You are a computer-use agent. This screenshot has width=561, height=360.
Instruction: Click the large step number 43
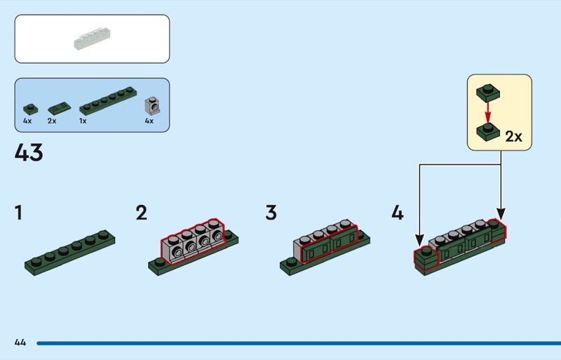[x=29, y=153]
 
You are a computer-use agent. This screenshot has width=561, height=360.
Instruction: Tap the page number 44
[x=20, y=342]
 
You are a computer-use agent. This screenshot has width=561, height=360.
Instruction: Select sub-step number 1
[x=18, y=213]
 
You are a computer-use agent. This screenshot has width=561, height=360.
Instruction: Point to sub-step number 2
[x=142, y=213]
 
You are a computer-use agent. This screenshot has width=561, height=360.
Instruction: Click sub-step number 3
[x=271, y=213]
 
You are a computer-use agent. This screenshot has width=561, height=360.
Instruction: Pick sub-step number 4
[x=398, y=213]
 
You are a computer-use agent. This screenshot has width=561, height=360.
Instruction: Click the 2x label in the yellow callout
[x=514, y=136]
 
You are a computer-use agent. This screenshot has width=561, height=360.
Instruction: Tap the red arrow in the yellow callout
[x=488, y=110]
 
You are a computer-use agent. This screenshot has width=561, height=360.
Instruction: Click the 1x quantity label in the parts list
[x=83, y=121]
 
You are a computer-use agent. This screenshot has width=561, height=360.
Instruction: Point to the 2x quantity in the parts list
[x=52, y=121]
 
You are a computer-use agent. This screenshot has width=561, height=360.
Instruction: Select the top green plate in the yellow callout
[x=488, y=91]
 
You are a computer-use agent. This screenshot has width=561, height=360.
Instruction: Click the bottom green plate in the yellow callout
[x=488, y=130]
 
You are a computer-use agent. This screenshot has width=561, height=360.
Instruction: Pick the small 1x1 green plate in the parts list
[x=29, y=108]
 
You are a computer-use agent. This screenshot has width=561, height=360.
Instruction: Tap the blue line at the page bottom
[x=295, y=343]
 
